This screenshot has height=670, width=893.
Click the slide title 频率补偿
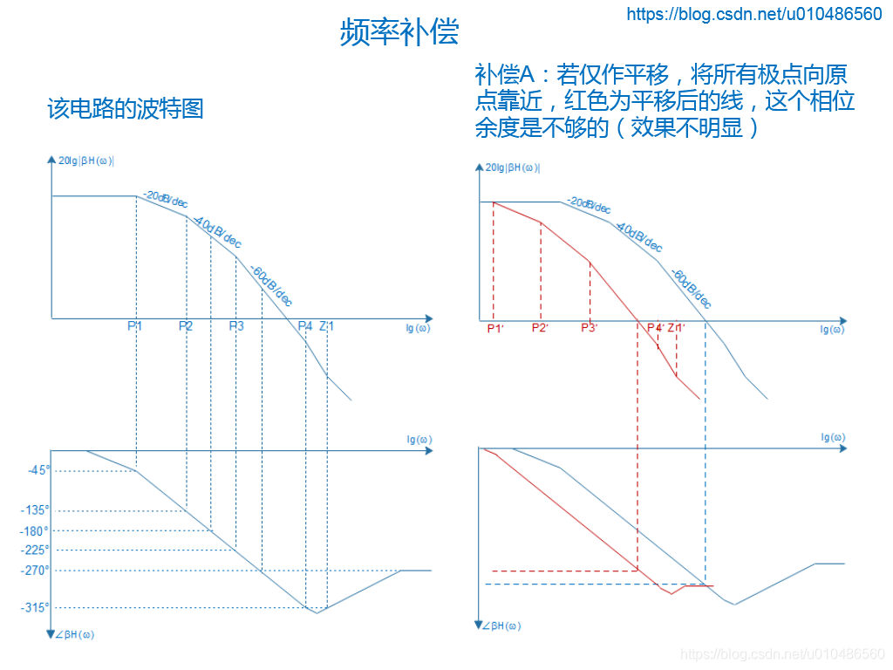(399, 32)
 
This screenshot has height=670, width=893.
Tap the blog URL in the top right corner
(754, 14)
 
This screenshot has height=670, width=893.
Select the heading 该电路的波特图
(125, 108)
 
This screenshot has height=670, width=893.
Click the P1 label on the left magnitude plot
(135, 326)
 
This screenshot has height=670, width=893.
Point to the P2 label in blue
(186, 326)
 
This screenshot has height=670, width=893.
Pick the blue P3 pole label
(236, 326)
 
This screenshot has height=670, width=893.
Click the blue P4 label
(304, 326)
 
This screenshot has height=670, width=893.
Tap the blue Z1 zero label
(326, 326)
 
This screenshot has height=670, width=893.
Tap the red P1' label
(494, 328)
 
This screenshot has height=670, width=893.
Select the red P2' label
(541, 328)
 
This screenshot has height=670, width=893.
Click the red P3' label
(590, 328)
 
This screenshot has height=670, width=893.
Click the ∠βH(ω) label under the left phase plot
(75, 634)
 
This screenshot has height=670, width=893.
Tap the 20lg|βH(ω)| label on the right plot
(513, 167)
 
